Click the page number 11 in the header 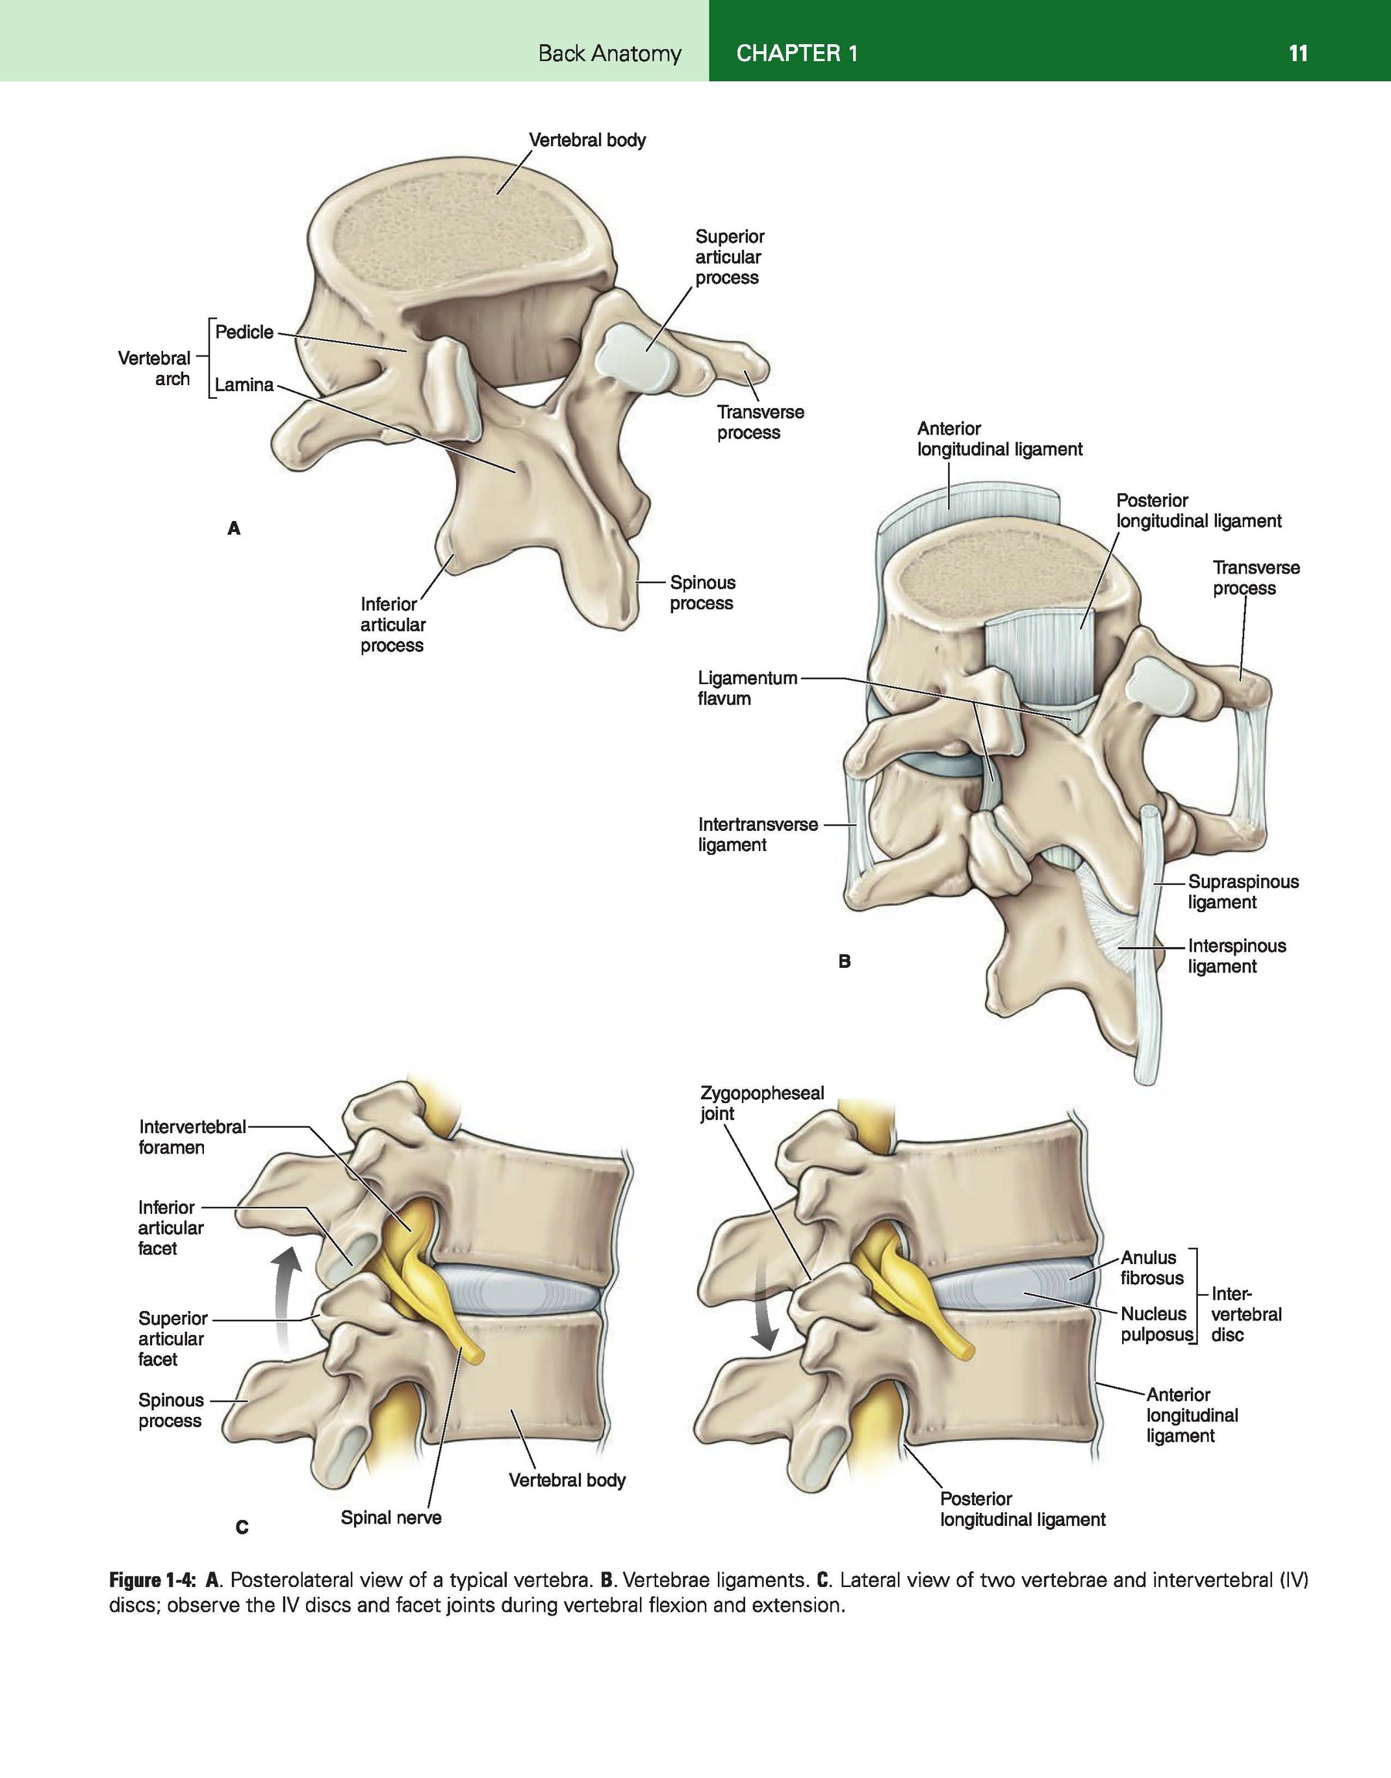pos(1298,54)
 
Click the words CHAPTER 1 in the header pos(797,54)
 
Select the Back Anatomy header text pos(609,54)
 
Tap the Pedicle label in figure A pos(244,332)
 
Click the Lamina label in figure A pos(244,384)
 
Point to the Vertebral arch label pos(155,368)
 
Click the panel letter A pos(233,529)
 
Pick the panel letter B pos(845,961)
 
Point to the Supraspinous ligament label pos(1243,892)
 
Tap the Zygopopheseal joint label pos(762,1103)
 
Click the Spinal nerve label pos(391,1517)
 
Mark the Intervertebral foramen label pos(192,1137)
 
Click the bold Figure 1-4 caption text pos(153,1580)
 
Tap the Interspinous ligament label pos(1237,956)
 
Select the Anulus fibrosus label pos(1151,1267)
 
